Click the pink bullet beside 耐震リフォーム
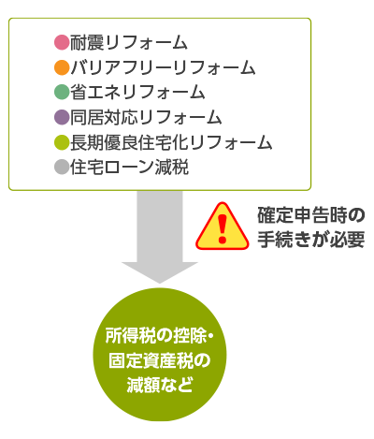tap(62, 42)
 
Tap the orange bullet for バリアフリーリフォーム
tap(62, 67)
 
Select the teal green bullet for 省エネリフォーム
tap(62, 93)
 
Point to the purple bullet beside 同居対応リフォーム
tap(62, 118)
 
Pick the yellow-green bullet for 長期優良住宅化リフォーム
tap(62, 142)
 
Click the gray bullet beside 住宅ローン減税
tap(62, 168)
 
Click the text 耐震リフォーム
tap(128, 42)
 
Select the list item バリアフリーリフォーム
tap(163, 67)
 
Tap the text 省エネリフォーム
tap(137, 93)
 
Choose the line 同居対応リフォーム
tap(146, 118)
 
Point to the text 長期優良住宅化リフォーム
tap(171, 142)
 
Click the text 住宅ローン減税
tap(129, 168)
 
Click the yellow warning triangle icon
tap(223, 227)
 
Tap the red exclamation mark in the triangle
tap(223, 228)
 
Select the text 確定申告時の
tap(311, 215)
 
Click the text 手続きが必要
tap(311, 240)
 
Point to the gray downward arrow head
tap(160, 272)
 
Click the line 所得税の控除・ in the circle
tap(160, 337)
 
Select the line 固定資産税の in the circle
tap(160, 361)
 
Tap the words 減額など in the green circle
tap(159, 385)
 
